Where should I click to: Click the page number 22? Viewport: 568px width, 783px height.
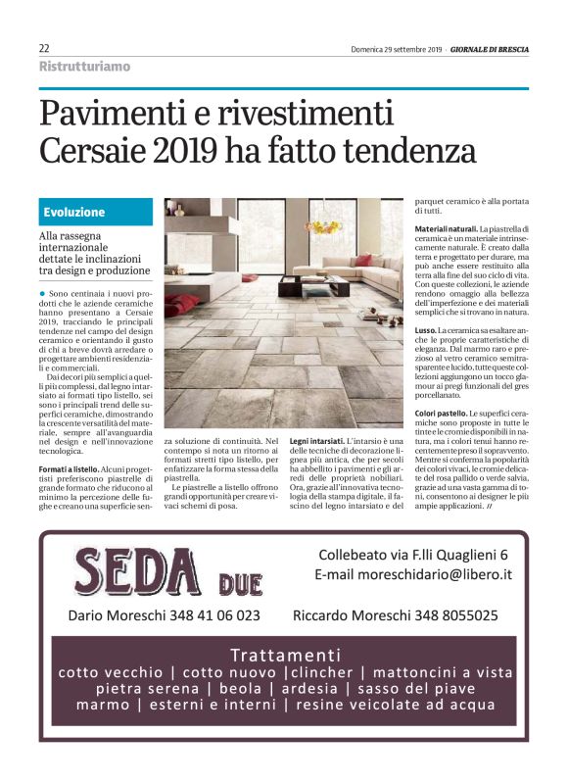point(44,48)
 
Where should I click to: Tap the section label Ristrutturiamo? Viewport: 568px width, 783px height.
point(84,67)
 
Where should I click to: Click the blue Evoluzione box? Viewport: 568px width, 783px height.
point(96,212)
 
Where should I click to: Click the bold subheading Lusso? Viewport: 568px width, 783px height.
point(425,332)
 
